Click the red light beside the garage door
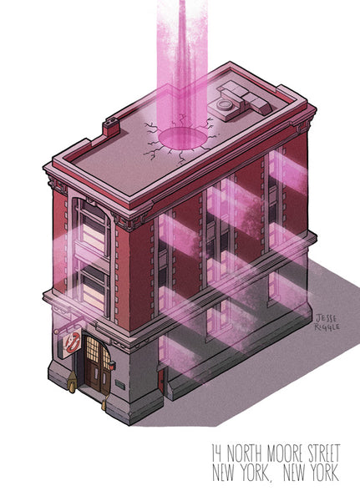point(112,365)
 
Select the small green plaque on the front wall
point(120,384)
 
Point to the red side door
point(161,381)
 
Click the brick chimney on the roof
point(111,127)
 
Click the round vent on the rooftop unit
point(223,104)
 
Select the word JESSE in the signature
point(326,318)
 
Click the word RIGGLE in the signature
point(327,326)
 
